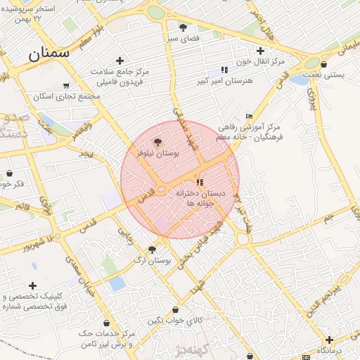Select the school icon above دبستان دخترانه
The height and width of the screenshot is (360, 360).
200,182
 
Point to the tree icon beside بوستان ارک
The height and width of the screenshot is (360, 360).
152,250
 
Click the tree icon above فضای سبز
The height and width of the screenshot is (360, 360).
184,28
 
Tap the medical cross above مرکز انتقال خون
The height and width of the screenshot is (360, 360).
260,51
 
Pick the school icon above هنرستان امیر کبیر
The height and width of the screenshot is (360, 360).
224,70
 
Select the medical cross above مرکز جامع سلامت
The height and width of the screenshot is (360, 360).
120,60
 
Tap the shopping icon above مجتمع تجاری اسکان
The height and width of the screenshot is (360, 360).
46,85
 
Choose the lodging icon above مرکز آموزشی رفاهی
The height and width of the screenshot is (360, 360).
249,116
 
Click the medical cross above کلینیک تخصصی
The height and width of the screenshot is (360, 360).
32,285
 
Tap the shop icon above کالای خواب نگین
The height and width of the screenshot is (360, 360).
175,309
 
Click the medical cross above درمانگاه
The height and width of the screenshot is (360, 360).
328,340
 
